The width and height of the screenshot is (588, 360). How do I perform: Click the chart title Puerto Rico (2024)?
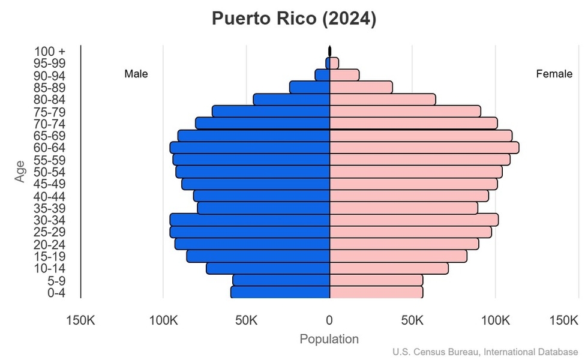[294, 19]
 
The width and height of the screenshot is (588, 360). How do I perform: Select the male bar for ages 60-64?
[250, 148]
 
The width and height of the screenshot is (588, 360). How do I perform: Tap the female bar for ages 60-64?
[424, 148]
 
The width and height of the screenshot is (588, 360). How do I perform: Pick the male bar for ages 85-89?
[310, 88]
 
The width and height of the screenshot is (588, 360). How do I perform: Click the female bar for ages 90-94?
[344, 75]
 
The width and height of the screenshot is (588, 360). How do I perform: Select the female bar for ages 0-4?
[376, 292]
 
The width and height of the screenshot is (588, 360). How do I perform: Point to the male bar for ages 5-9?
[281, 280]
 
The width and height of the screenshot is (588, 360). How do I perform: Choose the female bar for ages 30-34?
[414, 220]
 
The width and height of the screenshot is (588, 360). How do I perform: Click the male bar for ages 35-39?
[263, 208]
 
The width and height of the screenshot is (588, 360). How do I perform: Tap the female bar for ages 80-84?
[382, 100]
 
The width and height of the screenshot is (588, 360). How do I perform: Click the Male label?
[136, 74]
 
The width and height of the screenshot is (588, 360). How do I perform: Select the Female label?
[554, 74]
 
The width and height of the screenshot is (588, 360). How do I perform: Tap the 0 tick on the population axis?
[329, 321]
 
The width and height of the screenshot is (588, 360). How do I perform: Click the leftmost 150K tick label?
[80, 321]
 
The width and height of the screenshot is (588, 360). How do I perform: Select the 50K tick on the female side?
[413, 321]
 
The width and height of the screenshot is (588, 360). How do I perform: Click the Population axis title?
[329, 339]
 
